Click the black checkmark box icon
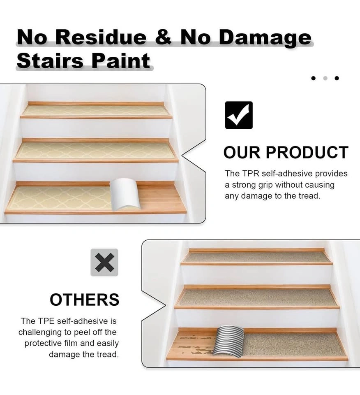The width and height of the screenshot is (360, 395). pos(239,115)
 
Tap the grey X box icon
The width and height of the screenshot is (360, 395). pos(104,263)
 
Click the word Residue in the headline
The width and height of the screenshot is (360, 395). pos(101,37)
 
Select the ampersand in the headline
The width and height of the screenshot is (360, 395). pos(163,37)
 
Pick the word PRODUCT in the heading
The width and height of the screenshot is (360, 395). pos(307,152)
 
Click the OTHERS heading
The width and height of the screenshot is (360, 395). pos(85,300)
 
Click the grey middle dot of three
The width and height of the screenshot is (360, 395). pos(325,78)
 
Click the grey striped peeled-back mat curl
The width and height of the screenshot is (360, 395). pos(228,340)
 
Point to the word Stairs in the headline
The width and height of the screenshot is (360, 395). pos(50,61)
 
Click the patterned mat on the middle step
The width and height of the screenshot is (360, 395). pos(96,151)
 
